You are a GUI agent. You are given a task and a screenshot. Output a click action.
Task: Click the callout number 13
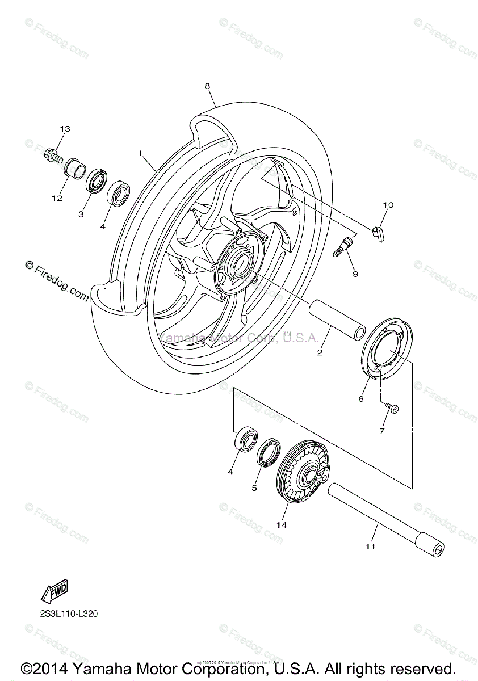(65, 129)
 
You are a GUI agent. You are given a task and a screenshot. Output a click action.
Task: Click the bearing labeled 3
(97, 182)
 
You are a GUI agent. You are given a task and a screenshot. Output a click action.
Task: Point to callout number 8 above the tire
(207, 86)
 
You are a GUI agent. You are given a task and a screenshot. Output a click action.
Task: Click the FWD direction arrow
(54, 592)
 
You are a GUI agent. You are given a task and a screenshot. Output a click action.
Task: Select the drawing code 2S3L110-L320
(65, 613)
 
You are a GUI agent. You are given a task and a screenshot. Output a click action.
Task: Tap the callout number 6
(360, 398)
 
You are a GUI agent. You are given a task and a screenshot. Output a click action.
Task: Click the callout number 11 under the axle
(370, 547)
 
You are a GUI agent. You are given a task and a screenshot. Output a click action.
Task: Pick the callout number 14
(282, 525)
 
